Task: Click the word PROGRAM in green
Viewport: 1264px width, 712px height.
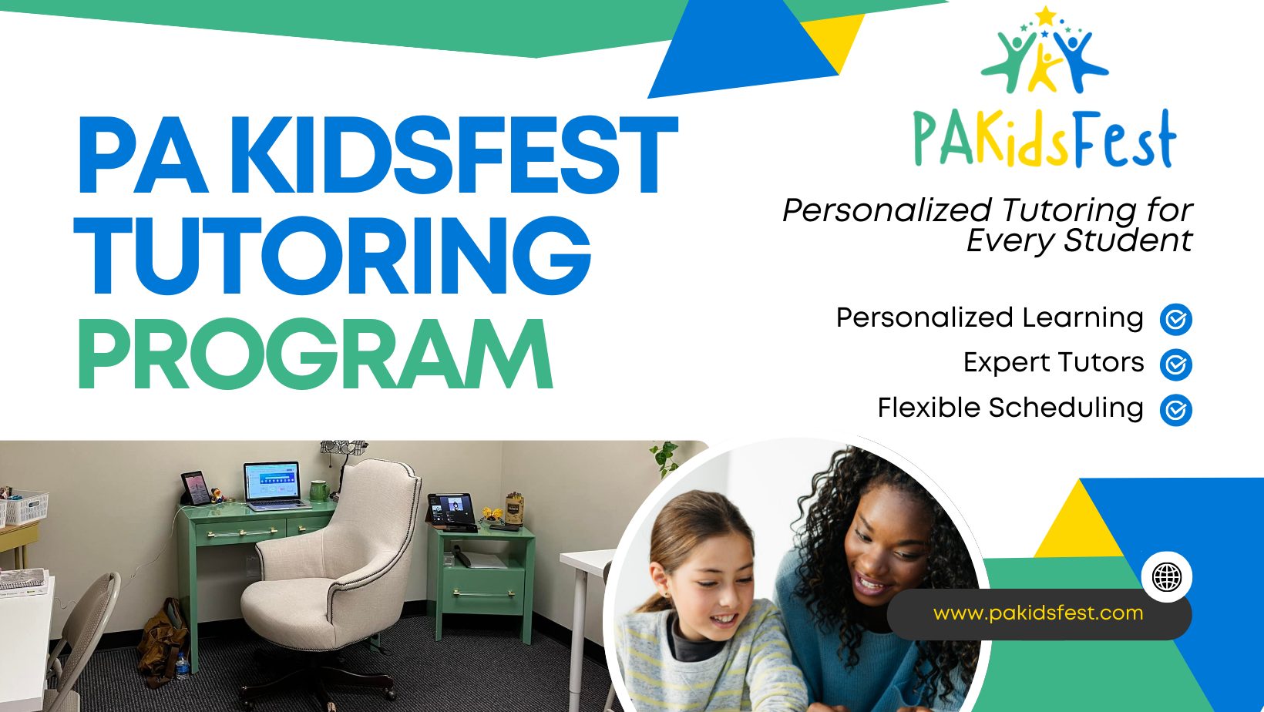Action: [315, 354]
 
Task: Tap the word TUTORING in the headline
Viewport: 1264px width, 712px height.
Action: [332, 255]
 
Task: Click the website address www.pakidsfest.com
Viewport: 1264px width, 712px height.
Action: [1038, 613]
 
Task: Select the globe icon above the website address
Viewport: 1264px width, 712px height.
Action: [1166, 576]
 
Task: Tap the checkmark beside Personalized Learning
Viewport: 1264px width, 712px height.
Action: [1176, 319]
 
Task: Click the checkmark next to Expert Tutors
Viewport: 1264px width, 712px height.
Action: [1176, 364]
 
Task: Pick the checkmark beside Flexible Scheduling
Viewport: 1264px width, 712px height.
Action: [1176, 410]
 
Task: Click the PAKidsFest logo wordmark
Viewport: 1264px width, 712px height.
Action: [1044, 138]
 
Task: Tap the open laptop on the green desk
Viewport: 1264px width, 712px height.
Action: [274, 486]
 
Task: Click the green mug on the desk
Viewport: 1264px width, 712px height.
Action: [319, 491]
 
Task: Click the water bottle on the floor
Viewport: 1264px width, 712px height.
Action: [182, 666]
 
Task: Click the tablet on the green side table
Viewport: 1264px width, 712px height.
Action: [450, 510]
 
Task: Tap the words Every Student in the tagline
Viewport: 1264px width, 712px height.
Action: [1079, 241]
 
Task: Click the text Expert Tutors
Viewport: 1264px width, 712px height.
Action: [1054, 363]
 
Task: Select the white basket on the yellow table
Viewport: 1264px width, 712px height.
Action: [25, 506]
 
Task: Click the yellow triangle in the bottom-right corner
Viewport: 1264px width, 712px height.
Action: [1077, 519]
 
